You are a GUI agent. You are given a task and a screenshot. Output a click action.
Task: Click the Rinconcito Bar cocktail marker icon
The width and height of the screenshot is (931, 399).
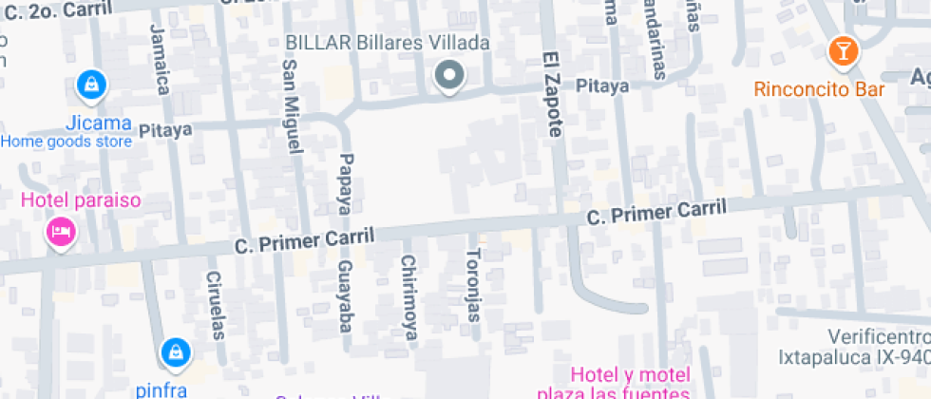pyautogui.click(x=842, y=49)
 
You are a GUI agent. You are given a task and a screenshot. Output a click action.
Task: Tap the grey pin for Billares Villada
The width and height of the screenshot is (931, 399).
pyautogui.click(x=448, y=75)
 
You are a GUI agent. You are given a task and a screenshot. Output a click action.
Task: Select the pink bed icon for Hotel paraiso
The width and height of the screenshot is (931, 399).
pyautogui.click(x=62, y=231)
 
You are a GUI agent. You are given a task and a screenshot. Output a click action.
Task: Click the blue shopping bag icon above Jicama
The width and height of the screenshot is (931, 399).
pyautogui.click(x=90, y=85)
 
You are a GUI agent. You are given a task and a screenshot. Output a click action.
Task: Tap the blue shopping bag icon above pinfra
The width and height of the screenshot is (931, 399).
pyautogui.click(x=174, y=353)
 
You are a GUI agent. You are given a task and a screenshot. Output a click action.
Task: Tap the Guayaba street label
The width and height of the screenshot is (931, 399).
pyautogui.click(x=346, y=295)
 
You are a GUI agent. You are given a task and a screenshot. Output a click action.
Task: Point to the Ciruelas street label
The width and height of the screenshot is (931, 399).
pyautogui.click(x=216, y=305)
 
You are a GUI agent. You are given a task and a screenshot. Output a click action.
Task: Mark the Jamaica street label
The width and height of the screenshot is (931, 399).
pyautogui.click(x=161, y=58)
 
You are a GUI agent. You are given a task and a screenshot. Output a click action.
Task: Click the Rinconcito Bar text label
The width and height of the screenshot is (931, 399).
pyautogui.click(x=819, y=90)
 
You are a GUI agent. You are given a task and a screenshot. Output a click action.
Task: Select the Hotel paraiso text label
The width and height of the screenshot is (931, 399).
pyautogui.click(x=81, y=200)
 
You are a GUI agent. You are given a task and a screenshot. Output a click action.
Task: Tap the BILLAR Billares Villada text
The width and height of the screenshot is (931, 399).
pyautogui.click(x=388, y=44)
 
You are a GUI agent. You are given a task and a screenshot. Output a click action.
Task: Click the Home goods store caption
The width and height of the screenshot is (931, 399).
pyautogui.click(x=66, y=142)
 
